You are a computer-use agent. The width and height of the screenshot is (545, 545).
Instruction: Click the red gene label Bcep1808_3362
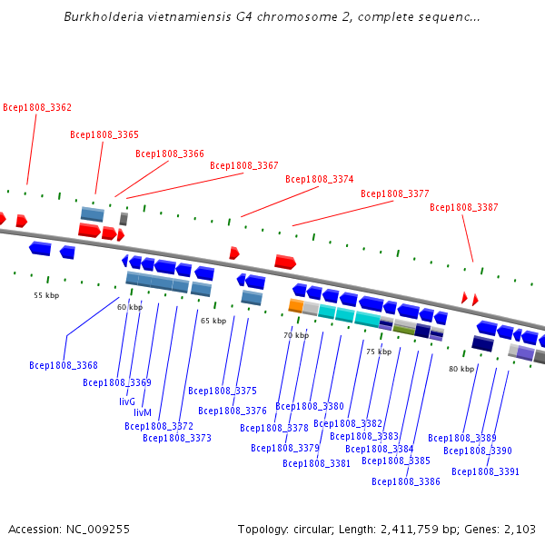pyautogui.click(x=37, y=107)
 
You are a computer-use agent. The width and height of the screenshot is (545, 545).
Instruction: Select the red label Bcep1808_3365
pyautogui.click(x=104, y=135)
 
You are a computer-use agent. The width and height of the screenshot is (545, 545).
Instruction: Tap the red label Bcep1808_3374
pyautogui.click(x=320, y=179)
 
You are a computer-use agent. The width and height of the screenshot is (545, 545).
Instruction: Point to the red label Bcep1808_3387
pyautogui.click(x=464, y=207)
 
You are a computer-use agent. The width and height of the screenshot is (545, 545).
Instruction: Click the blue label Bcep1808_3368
pyautogui.click(x=64, y=366)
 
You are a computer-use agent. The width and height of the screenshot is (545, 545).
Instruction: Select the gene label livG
pyautogui.click(x=127, y=401)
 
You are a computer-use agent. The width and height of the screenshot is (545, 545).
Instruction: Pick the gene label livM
pyautogui.click(x=143, y=412)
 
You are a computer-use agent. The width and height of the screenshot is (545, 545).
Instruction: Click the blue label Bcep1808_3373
pyautogui.click(x=177, y=438)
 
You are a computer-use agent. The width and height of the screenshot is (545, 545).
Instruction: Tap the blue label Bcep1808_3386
pyautogui.click(x=406, y=481)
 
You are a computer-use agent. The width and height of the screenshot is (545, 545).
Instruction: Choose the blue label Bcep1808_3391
pyautogui.click(x=486, y=471)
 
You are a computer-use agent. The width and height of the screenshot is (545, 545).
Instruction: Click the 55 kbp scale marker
pyautogui.click(x=46, y=295)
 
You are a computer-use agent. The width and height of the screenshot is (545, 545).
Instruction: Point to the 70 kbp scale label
pyautogui.click(x=296, y=336)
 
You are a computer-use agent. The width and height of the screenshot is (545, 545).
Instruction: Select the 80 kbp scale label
pyautogui.click(x=461, y=369)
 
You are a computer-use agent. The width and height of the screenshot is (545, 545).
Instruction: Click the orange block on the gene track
pyautogui.click(x=295, y=306)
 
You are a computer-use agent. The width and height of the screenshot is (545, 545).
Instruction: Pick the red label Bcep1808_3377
pyautogui.click(x=395, y=193)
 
